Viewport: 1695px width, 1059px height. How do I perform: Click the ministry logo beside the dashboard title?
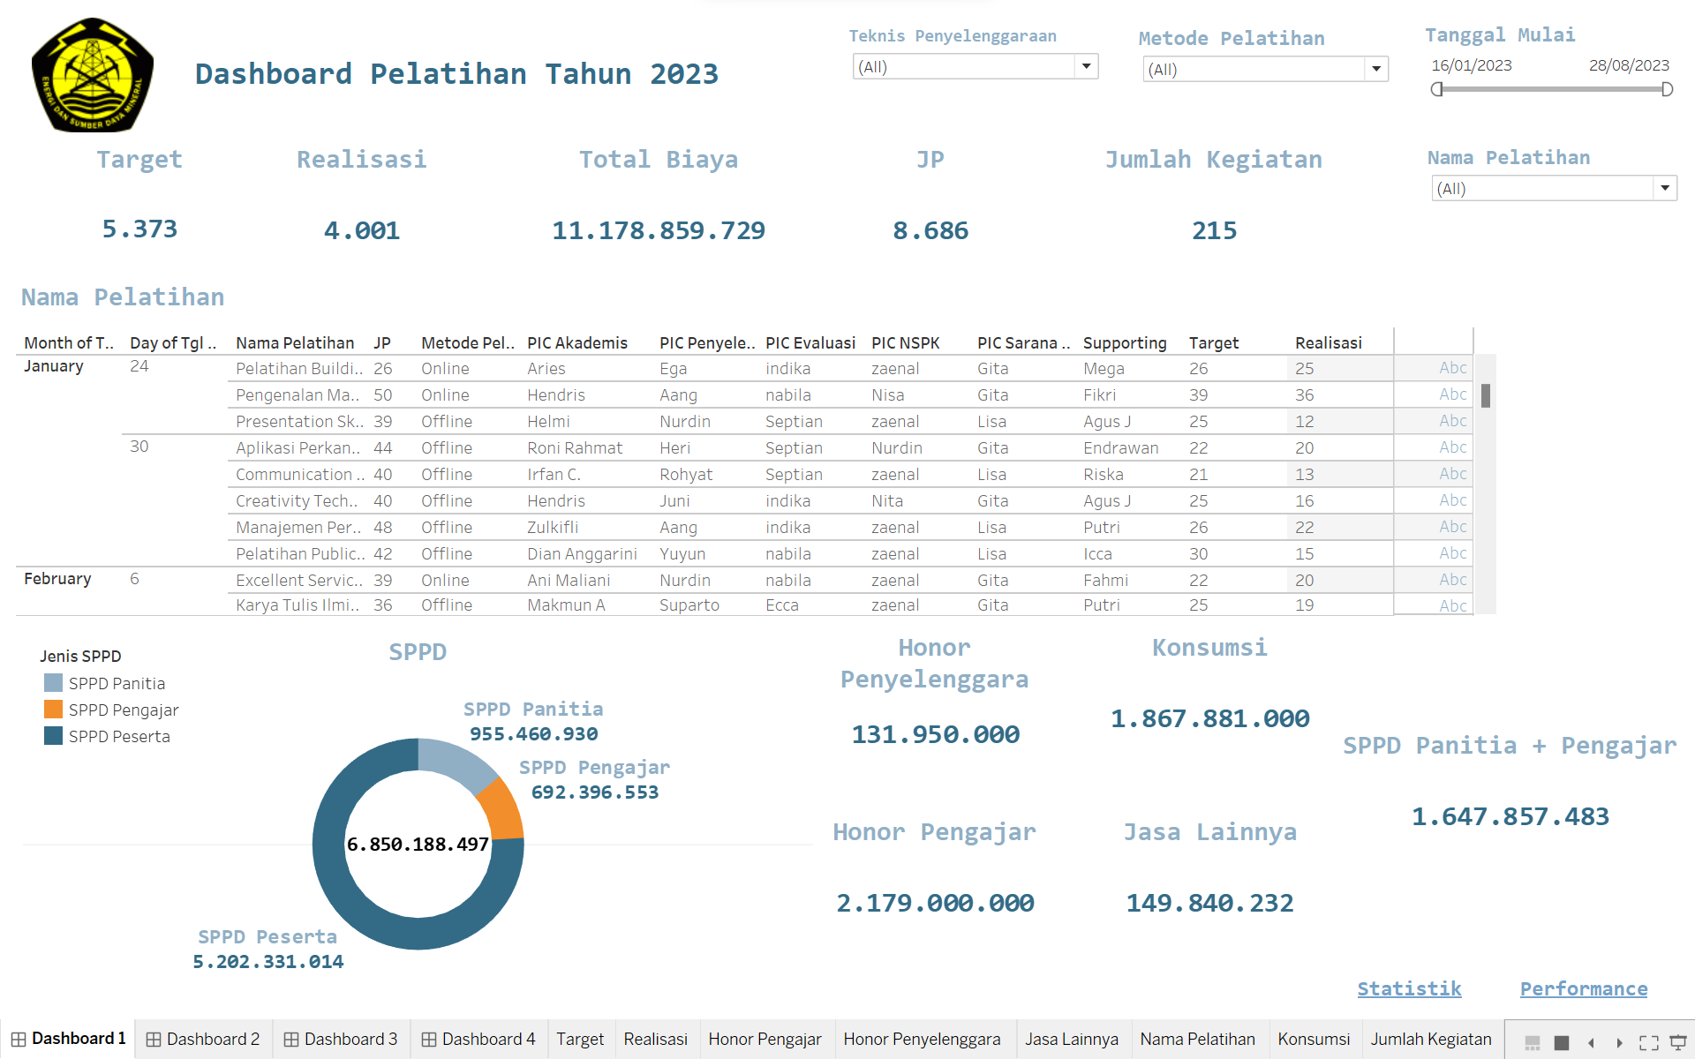click(x=93, y=76)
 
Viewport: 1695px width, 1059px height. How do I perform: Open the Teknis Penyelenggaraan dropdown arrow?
click(x=1086, y=66)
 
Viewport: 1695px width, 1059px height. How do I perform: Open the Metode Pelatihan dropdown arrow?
click(x=1375, y=69)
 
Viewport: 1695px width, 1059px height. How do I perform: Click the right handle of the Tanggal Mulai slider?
click(x=1667, y=89)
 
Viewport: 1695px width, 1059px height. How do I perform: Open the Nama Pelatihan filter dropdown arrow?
click(x=1664, y=188)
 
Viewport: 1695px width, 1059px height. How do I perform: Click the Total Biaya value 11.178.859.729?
click(x=658, y=230)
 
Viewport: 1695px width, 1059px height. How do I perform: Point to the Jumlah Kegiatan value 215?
click(x=1214, y=230)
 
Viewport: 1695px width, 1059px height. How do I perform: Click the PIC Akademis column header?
click(x=576, y=342)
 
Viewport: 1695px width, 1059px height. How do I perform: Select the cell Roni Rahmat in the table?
click(x=574, y=447)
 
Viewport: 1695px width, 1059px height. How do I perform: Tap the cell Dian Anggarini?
click(x=581, y=553)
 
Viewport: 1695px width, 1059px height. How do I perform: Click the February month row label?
click(x=57, y=579)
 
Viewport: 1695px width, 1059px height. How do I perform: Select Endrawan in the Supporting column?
click(x=1120, y=447)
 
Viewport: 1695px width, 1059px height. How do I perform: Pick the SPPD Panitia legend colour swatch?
click(x=53, y=683)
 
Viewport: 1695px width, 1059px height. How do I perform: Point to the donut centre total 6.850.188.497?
click(x=418, y=845)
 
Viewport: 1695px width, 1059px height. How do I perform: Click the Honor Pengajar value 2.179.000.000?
click(x=934, y=903)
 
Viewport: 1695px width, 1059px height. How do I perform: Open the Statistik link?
click(x=1409, y=988)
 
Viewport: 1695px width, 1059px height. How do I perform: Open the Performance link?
click(x=1583, y=988)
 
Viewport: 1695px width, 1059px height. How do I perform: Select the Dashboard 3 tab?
click(x=341, y=1039)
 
